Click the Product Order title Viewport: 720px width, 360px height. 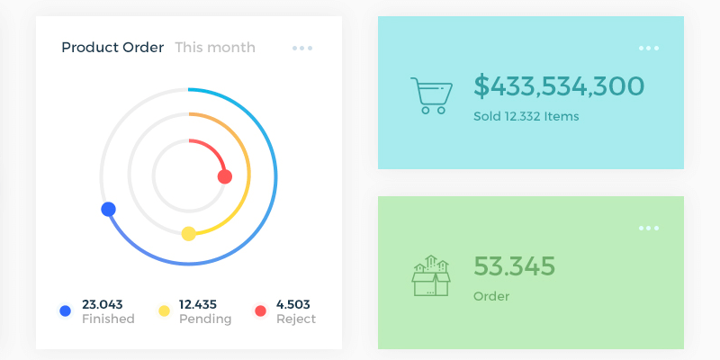pyautogui.click(x=112, y=48)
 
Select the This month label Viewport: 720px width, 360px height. pyautogui.click(x=215, y=48)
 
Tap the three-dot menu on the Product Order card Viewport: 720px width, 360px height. pyautogui.click(x=302, y=49)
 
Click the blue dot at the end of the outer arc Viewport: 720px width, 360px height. pyautogui.click(x=108, y=209)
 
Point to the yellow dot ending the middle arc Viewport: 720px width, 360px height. pyautogui.click(x=189, y=234)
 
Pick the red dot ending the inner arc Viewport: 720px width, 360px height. pyautogui.click(x=225, y=176)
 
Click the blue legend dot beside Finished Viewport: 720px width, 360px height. pyautogui.click(x=65, y=310)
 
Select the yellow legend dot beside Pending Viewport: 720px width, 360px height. pyautogui.click(x=164, y=310)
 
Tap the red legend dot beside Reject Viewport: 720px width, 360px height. pyautogui.click(x=261, y=310)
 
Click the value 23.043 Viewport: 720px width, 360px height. pyautogui.click(x=102, y=304)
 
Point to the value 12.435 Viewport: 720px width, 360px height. pyautogui.click(x=198, y=304)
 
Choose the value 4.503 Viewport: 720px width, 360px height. pyautogui.click(x=293, y=304)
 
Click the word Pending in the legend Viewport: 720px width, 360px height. pyautogui.click(x=205, y=319)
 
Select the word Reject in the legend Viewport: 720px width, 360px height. pyautogui.click(x=296, y=319)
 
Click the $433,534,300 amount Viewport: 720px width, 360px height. pyautogui.click(x=559, y=86)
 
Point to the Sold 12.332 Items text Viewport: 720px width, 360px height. pyautogui.click(x=526, y=116)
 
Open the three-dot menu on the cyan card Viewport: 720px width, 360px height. pyautogui.click(x=649, y=49)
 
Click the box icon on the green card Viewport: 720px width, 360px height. pyautogui.click(x=431, y=275)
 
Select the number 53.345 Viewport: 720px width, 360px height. pyautogui.click(x=515, y=266)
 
